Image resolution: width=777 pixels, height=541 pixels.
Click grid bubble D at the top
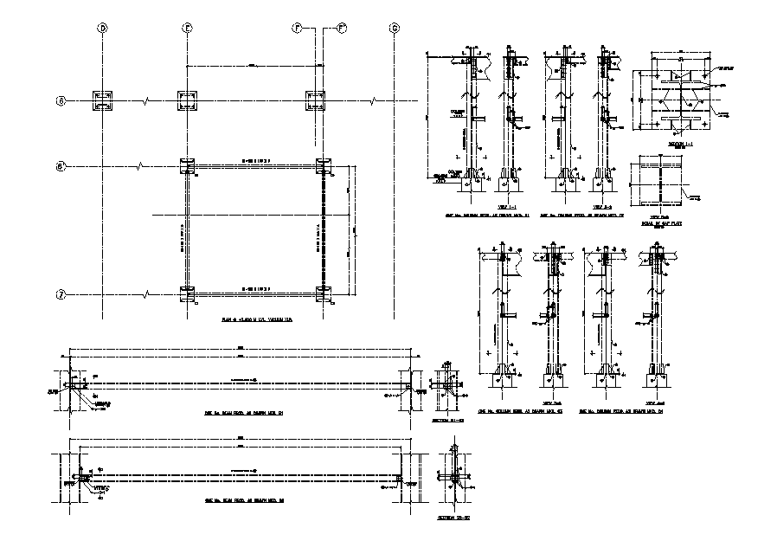click(x=103, y=29)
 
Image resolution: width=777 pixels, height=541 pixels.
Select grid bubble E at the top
click(x=186, y=29)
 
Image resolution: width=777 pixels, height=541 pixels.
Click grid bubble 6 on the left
click(x=61, y=101)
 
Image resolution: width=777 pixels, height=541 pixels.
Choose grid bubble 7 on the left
click(x=61, y=293)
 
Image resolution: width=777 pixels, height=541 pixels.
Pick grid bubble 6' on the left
click(x=61, y=165)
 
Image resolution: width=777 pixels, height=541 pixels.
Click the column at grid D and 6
click(x=102, y=101)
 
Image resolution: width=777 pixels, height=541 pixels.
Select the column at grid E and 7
click(x=187, y=293)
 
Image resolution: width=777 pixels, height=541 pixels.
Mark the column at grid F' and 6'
click(x=323, y=166)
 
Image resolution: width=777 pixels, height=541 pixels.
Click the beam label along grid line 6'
click(x=255, y=161)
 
